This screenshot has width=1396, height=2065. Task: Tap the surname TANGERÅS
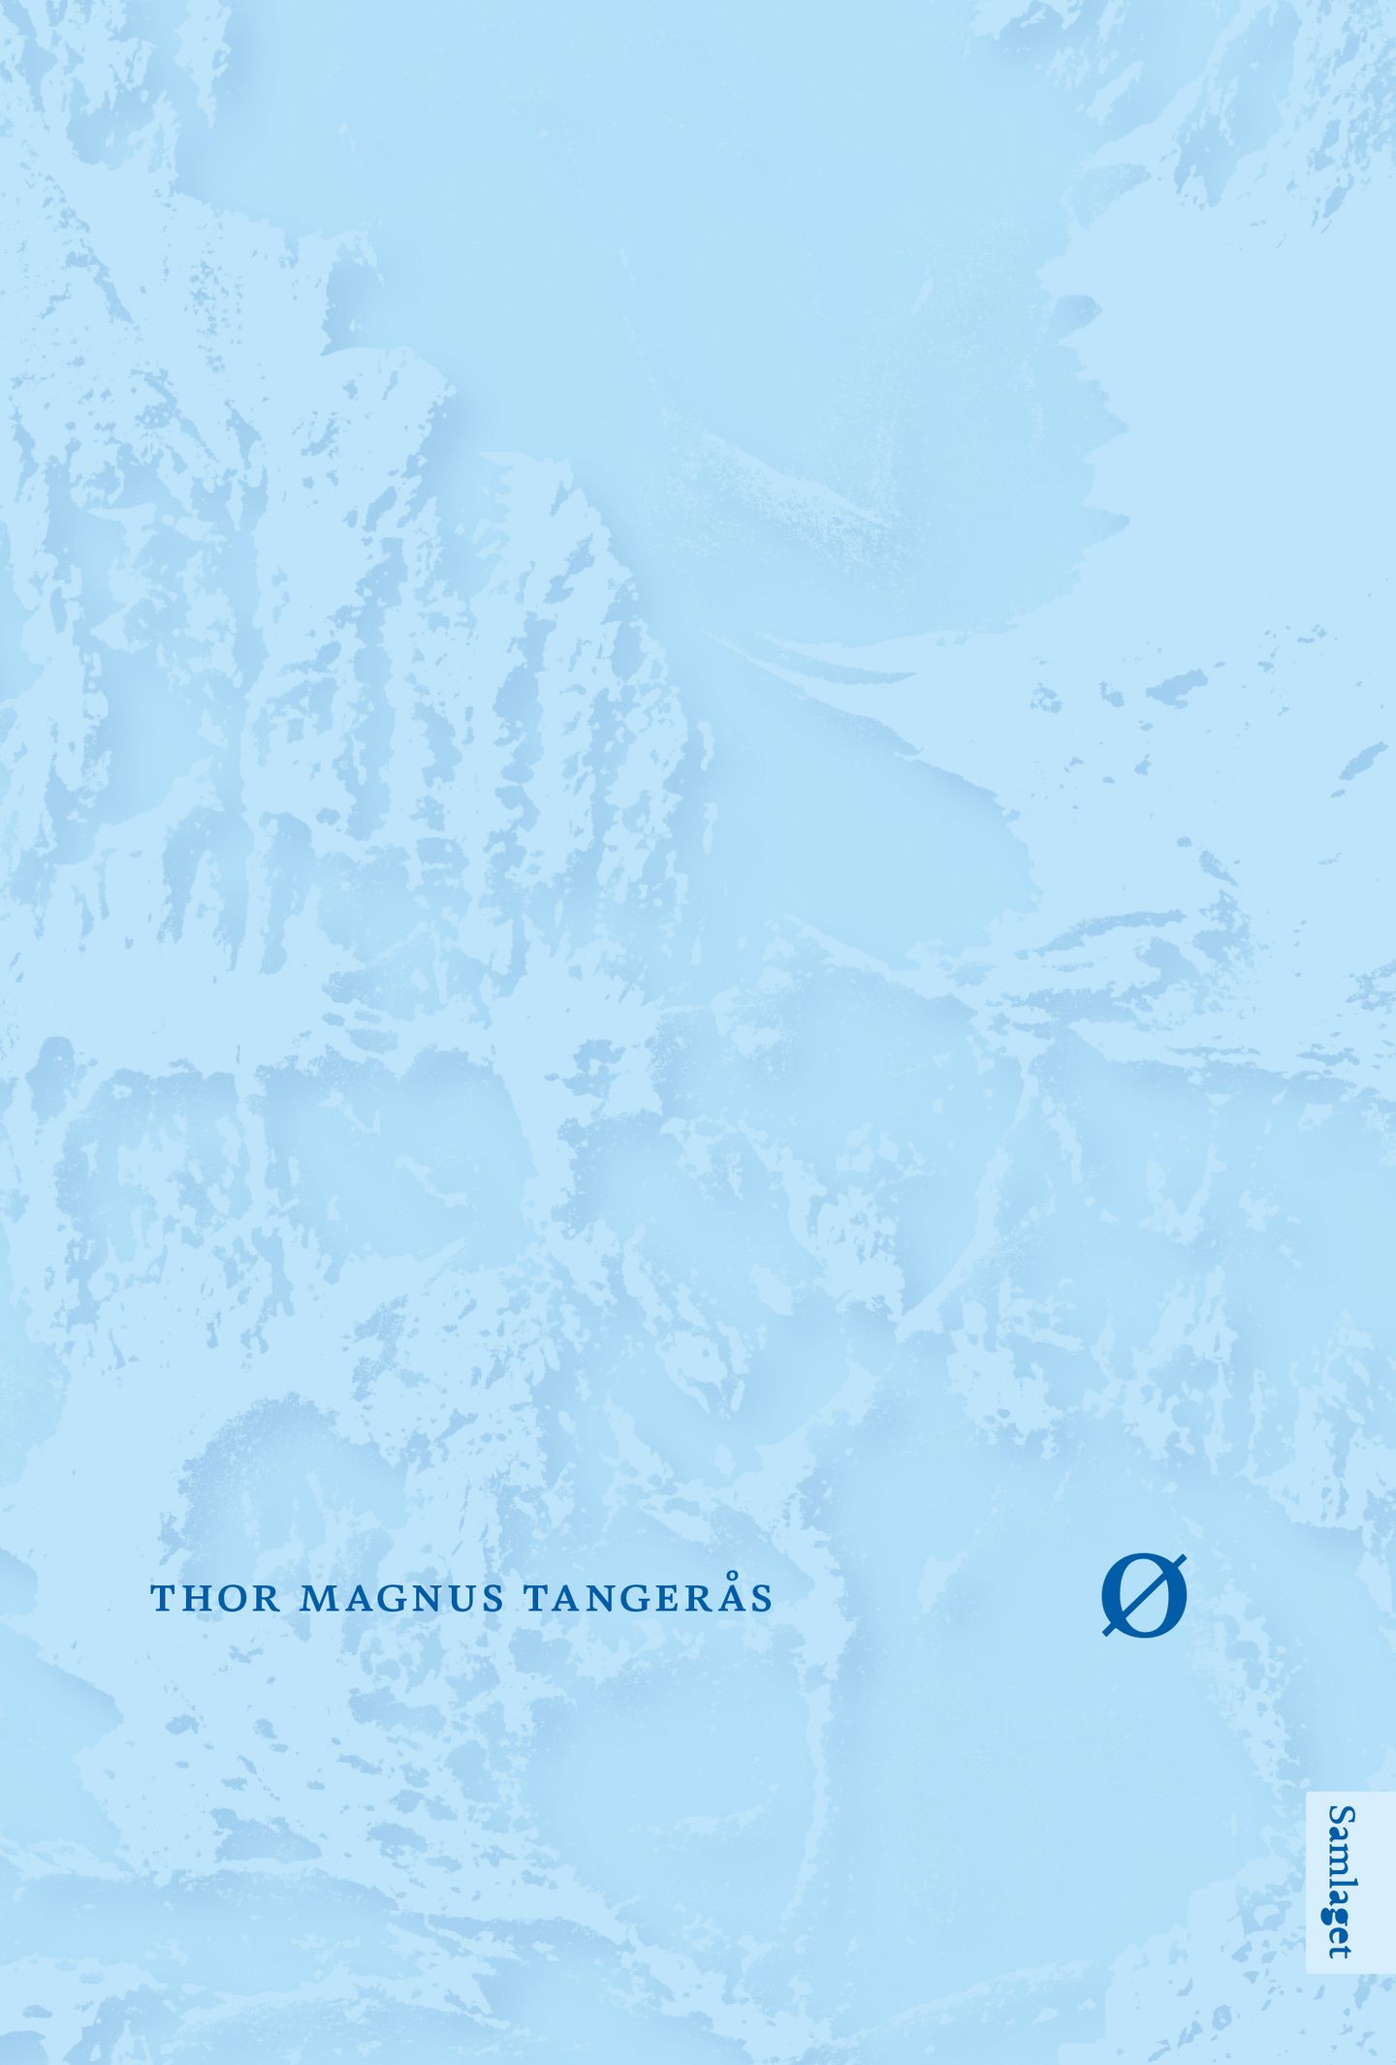pos(648,1599)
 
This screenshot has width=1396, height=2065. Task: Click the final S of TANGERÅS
pos(761,1599)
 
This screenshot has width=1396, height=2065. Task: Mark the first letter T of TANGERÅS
pos(535,1599)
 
